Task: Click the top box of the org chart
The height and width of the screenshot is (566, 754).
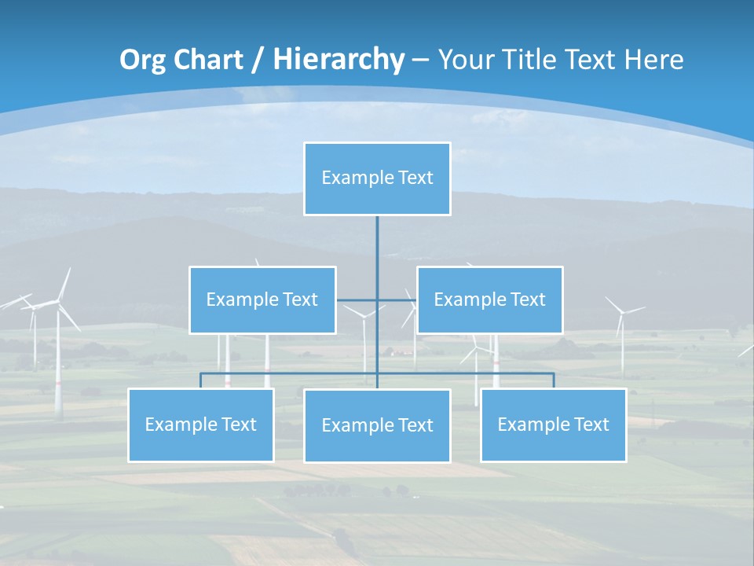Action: tap(377, 178)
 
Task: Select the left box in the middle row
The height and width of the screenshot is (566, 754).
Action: tap(262, 300)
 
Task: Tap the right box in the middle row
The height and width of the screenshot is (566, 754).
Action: tap(489, 300)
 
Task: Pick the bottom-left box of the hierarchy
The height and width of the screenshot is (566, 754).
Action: tap(200, 424)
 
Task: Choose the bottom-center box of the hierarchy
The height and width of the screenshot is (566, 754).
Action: tap(377, 425)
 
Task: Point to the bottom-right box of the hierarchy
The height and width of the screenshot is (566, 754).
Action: tap(553, 424)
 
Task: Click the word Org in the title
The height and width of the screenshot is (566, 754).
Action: tap(142, 60)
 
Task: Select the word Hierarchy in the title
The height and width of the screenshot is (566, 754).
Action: tap(338, 60)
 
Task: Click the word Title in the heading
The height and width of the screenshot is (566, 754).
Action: tap(539, 60)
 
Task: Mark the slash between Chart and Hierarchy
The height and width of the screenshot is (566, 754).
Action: tap(257, 60)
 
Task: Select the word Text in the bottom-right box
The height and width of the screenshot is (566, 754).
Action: tap(591, 424)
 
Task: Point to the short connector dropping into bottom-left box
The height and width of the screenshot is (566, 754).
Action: tap(200, 380)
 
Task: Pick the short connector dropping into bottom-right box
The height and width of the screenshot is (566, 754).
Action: tap(553, 380)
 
